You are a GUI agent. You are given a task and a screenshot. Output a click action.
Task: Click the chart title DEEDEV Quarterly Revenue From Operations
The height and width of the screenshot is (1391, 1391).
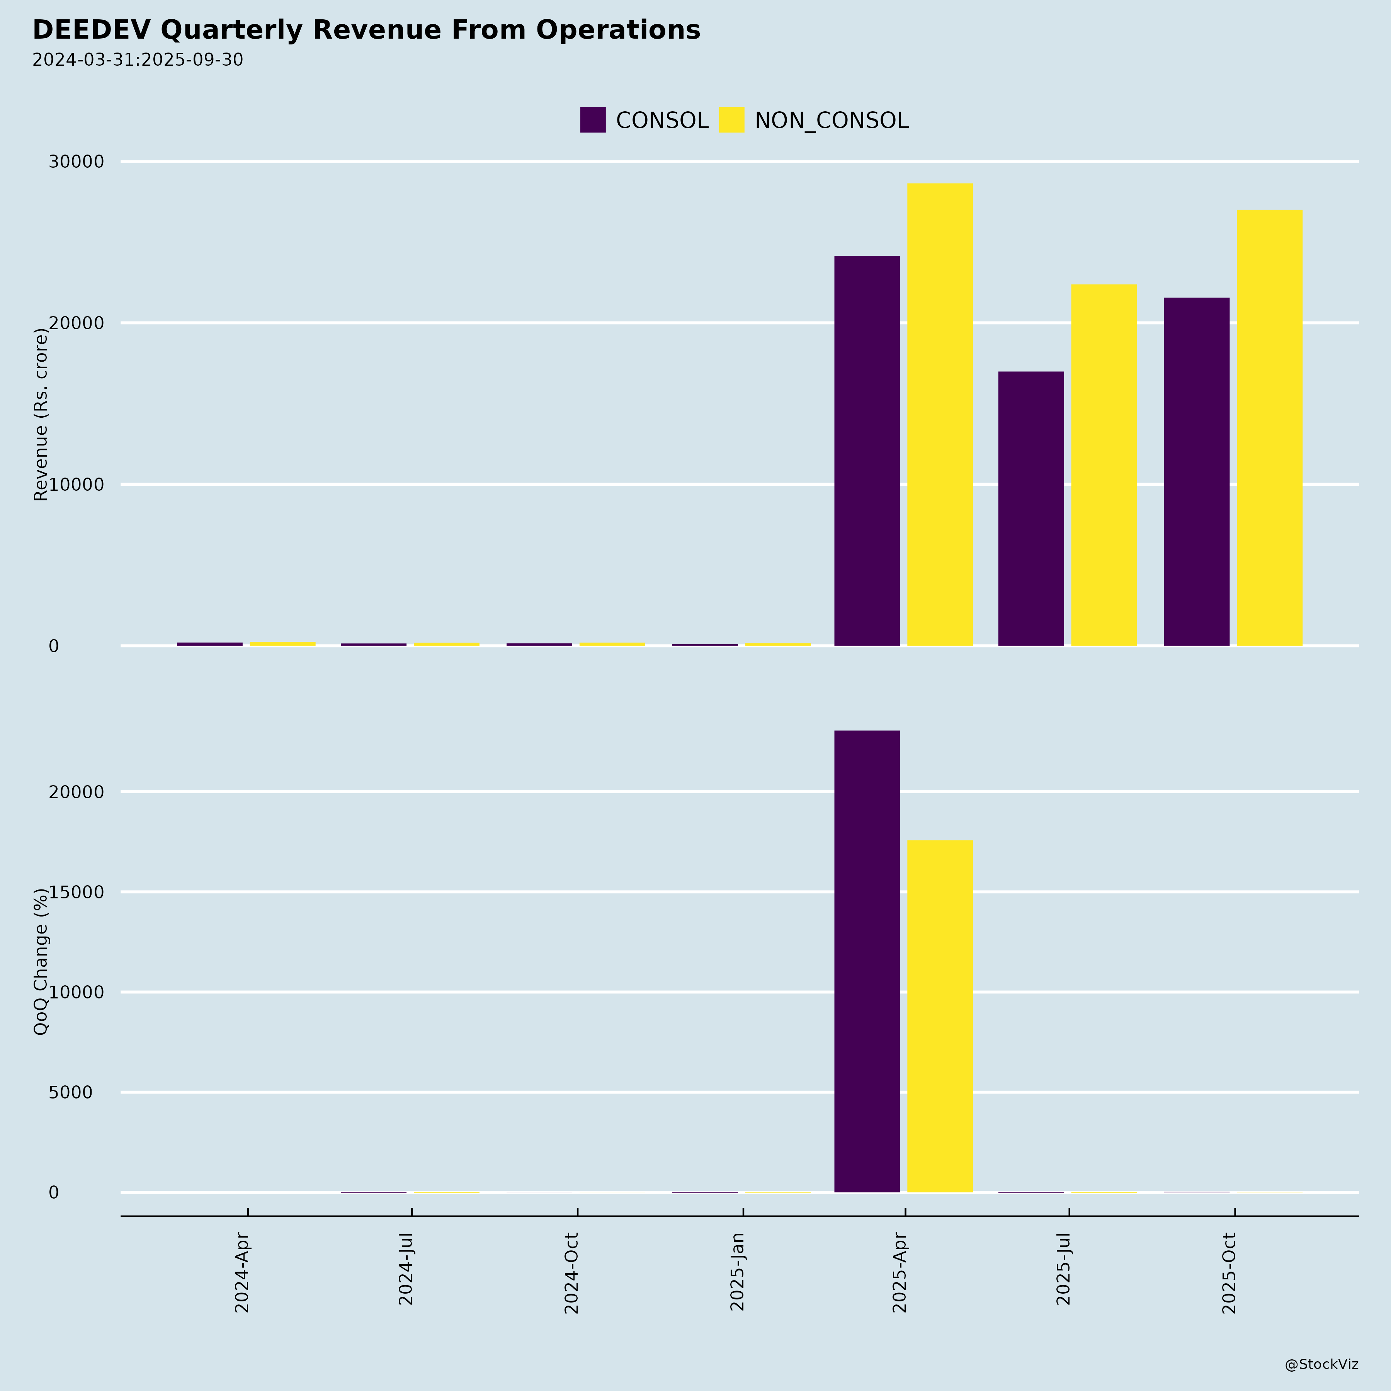366,30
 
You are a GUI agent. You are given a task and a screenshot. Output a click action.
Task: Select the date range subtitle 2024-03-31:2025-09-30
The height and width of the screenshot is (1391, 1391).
138,60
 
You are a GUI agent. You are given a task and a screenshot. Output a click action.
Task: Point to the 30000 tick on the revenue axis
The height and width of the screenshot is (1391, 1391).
77,162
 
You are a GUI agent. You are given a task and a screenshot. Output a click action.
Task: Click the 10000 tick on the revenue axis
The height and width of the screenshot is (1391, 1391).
77,485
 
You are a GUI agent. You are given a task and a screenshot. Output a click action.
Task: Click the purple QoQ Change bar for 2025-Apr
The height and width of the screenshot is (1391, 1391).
867,961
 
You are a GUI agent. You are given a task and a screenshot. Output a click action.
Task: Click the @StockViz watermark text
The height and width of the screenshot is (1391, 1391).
1321,1364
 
